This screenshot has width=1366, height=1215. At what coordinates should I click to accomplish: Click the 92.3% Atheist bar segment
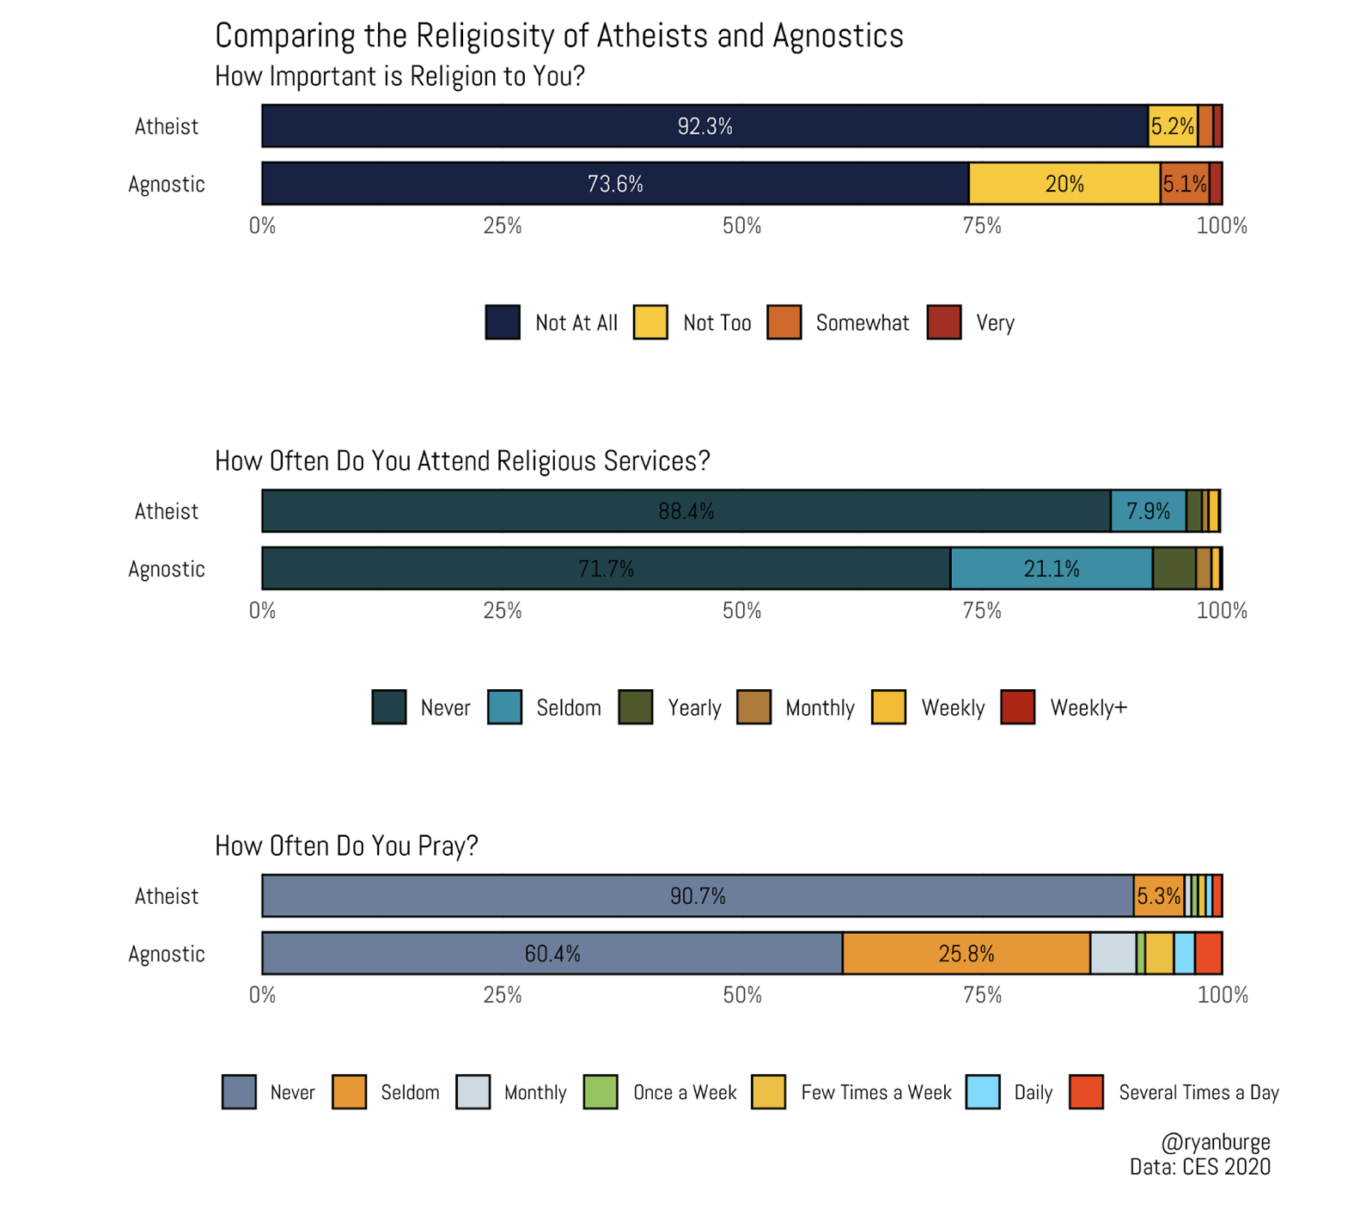click(704, 126)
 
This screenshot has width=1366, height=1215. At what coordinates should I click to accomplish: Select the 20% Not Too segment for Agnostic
click(1064, 184)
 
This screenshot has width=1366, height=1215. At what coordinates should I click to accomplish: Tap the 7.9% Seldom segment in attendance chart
click(1148, 511)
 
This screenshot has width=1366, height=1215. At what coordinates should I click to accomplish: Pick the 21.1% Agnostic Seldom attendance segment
click(1052, 569)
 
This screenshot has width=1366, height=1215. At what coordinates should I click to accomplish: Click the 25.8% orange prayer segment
click(967, 954)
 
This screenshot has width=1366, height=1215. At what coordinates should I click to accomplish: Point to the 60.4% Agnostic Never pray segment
click(552, 954)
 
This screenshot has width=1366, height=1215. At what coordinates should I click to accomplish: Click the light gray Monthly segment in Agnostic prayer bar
click(1113, 954)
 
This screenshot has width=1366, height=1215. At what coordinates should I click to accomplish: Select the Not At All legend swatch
click(503, 323)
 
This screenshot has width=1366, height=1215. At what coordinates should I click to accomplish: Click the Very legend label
click(995, 323)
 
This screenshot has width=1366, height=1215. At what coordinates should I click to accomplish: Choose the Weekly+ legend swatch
click(1018, 708)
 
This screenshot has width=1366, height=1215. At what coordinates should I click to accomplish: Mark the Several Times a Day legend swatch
click(1087, 1093)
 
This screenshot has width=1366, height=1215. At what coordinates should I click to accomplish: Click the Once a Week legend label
click(685, 1093)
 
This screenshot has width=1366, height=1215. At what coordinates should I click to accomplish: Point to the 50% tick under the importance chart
click(742, 226)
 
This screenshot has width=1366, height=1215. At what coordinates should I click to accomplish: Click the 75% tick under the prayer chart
click(982, 996)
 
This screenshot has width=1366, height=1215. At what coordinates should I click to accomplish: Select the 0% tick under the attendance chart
click(262, 611)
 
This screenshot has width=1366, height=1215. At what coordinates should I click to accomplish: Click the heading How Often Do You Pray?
click(346, 846)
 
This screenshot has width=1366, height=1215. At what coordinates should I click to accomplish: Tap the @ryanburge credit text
click(1215, 1142)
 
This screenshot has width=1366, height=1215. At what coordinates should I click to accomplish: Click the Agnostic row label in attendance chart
click(167, 569)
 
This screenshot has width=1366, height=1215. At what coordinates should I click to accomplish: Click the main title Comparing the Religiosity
click(558, 36)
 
